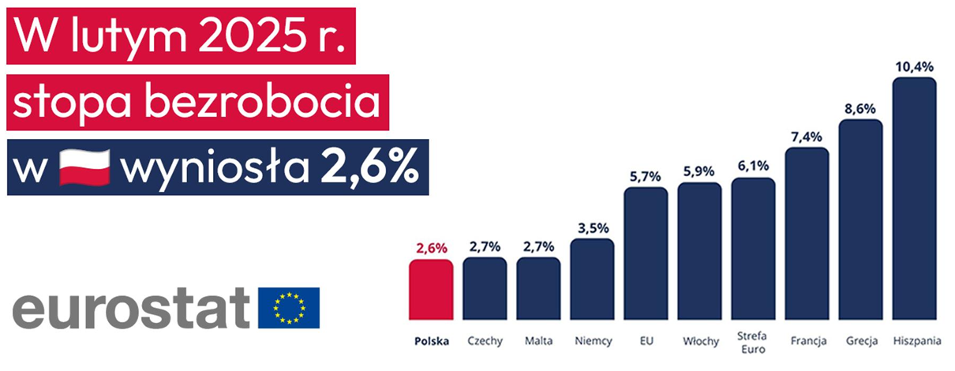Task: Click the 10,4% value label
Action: click(914, 66)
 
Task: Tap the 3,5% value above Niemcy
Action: click(592, 228)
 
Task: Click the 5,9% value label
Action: click(699, 172)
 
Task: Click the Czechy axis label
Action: click(485, 342)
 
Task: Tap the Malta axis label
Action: click(538, 342)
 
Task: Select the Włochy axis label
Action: click(699, 342)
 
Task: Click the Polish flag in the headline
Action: click(84, 167)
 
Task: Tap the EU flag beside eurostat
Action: click(289, 308)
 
